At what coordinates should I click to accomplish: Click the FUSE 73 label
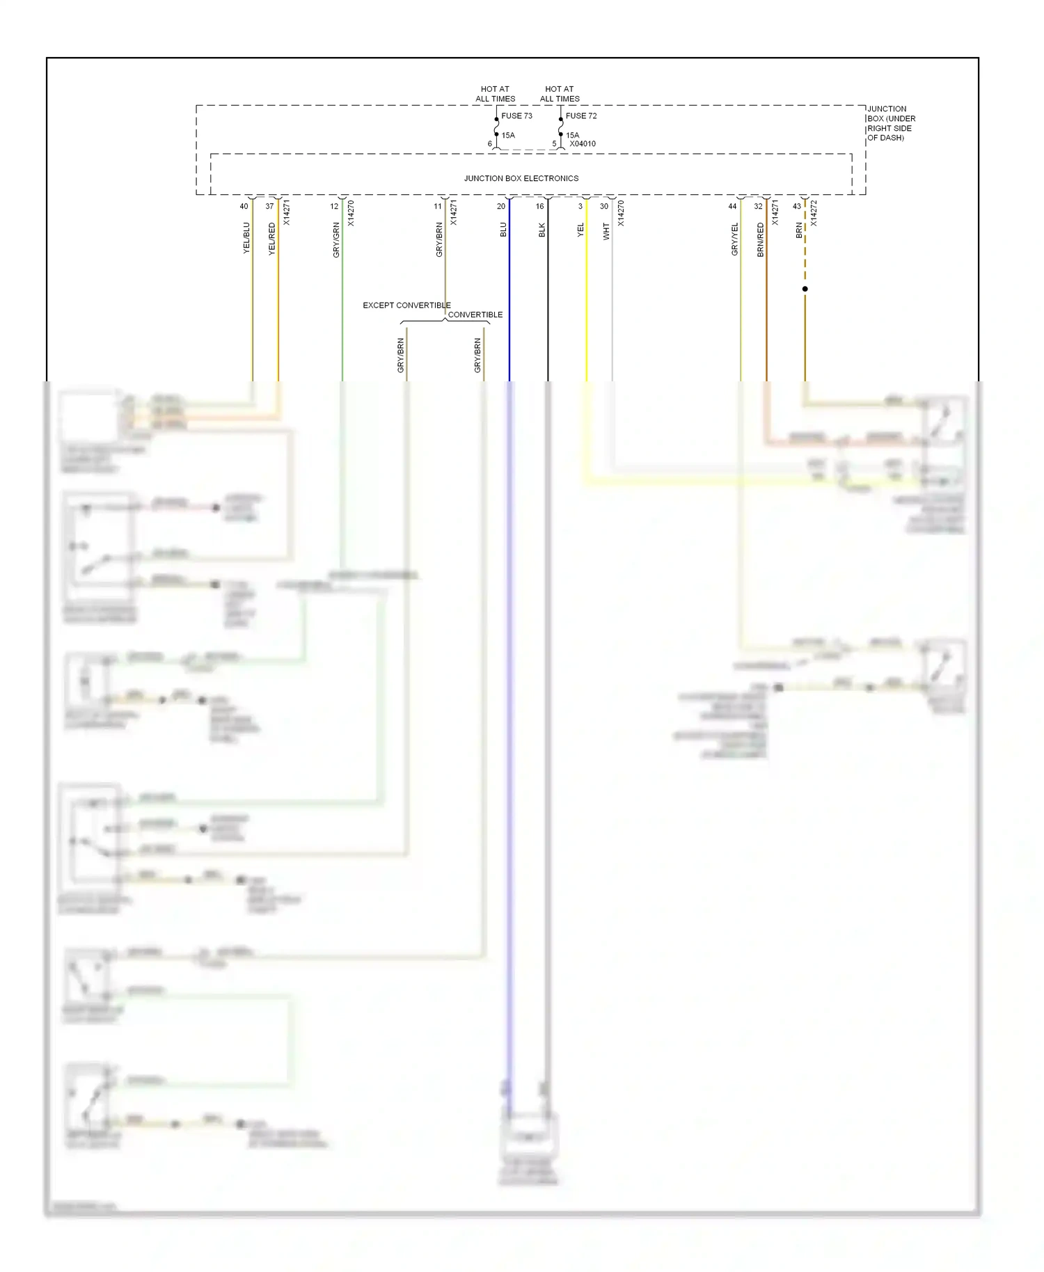(x=516, y=116)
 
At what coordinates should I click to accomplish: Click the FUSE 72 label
(x=580, y=116)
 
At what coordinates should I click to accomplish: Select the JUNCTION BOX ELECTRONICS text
(x=521, y=179)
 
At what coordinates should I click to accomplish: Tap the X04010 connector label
(x=583, y=144)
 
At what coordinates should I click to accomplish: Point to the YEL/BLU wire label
(x=246, y=238)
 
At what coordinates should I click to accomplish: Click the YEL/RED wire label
(x=272, y=239)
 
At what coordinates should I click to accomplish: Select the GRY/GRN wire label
(x=336, y=240)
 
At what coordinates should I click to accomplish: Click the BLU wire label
(x=503, y=230)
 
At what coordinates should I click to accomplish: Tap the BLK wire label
(x=542, y=230)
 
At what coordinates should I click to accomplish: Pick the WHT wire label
(x=606, y=232)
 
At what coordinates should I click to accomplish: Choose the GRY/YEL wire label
(x=734, y=239)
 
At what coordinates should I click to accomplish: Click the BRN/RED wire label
(x=760, y=240)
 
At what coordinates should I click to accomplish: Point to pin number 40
(x=244, y=207)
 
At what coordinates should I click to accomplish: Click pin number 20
(x=501, y=207)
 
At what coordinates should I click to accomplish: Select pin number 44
(x=732, y=207)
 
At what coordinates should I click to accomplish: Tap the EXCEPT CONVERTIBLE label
(x=406, y=305)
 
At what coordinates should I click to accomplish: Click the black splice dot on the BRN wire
(x=805, y=289)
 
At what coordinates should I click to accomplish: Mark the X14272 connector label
(x=814, y=213)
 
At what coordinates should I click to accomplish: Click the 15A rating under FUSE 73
(x=508, y=136)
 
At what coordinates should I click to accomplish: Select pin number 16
(x=539, y=207)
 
